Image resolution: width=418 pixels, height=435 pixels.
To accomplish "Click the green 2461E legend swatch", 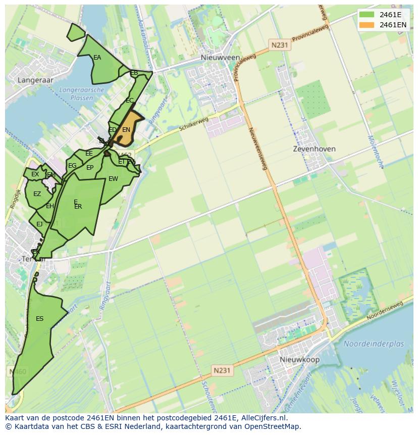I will click(367, 14).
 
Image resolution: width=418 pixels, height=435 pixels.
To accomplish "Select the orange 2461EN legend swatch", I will click(367, 25).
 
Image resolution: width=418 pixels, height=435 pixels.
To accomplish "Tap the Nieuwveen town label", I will click(220, 58).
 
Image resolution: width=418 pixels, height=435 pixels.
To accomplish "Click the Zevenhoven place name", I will click(314, 149).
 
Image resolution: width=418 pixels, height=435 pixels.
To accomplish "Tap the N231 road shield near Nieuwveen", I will click(279, 45).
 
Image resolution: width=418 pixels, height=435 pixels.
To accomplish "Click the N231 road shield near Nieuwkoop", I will click(221, 370).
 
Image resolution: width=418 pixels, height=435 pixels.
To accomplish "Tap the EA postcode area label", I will click(97, 58).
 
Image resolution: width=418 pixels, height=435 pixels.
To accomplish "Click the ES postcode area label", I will click(39, 319).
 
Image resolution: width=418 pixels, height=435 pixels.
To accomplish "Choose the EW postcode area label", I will click(113, 179).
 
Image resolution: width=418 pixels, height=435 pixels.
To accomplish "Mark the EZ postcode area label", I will click(37, 194).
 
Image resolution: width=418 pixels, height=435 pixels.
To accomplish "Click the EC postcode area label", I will click(129, 101).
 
